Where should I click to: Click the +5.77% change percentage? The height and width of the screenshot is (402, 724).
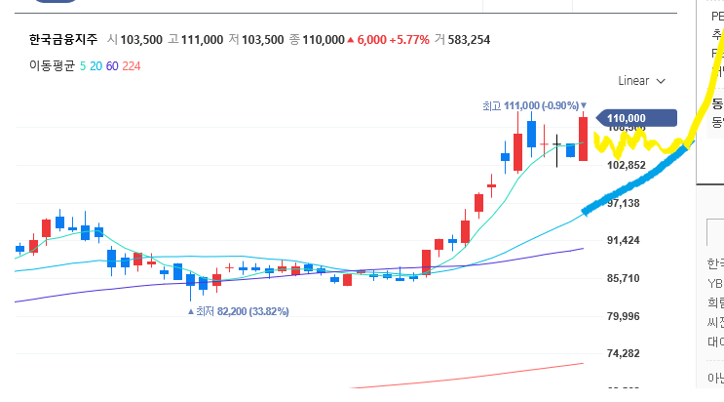pyautogui.click(x=409, y=40)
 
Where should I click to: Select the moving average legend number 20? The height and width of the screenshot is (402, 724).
pyautogui.click(x=99, y=65)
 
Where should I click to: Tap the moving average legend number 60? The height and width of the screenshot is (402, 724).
pyautogui.click(x=112, y=65)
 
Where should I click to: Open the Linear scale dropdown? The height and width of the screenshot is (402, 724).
pyautogui.click(x=642, y=81)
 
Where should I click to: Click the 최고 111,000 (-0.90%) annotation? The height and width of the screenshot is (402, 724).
pyautogui.click(x=531, y=105)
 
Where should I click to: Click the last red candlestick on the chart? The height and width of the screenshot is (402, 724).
pyautogui.click(x=583, y=139)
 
